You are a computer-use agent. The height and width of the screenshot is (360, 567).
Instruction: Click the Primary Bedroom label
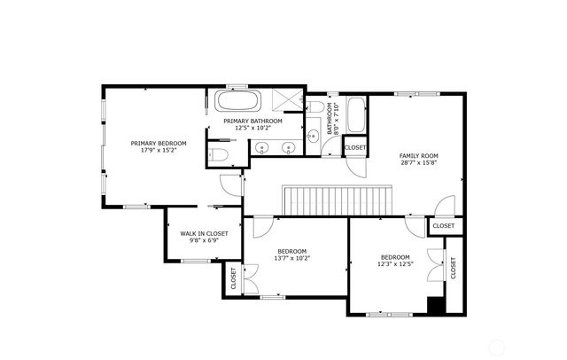click(x=159, y=143)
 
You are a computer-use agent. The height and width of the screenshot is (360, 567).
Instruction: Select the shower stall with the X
click(x=287, y=101)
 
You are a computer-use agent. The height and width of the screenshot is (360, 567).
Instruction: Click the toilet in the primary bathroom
click(x=221, y=156)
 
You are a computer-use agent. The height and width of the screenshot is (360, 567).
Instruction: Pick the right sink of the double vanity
click(x=289, y=148)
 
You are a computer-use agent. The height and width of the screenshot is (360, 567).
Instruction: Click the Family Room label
click(x=418, y=156)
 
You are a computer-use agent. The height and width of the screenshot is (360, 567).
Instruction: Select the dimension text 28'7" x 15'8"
click(x=418, y=163)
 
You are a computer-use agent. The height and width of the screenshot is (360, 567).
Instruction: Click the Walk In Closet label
click(x=204, y=233)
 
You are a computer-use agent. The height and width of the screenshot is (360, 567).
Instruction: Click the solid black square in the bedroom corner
click(x=435, y=305)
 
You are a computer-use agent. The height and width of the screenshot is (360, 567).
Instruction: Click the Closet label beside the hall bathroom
click(x=355, y=147)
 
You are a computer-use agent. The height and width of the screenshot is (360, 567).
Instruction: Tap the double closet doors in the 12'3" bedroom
click(x=435, y=262)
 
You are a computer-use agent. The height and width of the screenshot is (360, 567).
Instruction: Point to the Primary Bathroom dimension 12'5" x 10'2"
click(x=252, y=128)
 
